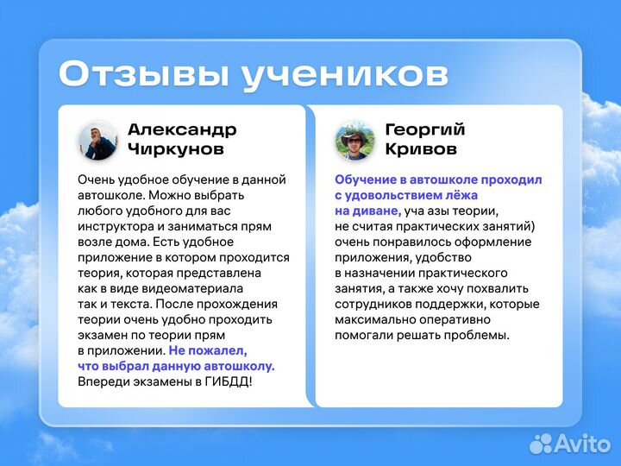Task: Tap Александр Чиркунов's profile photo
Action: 97,140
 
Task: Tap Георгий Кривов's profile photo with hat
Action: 354,140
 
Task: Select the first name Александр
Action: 181,129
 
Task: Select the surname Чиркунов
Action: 175,149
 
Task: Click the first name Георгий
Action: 424,129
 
